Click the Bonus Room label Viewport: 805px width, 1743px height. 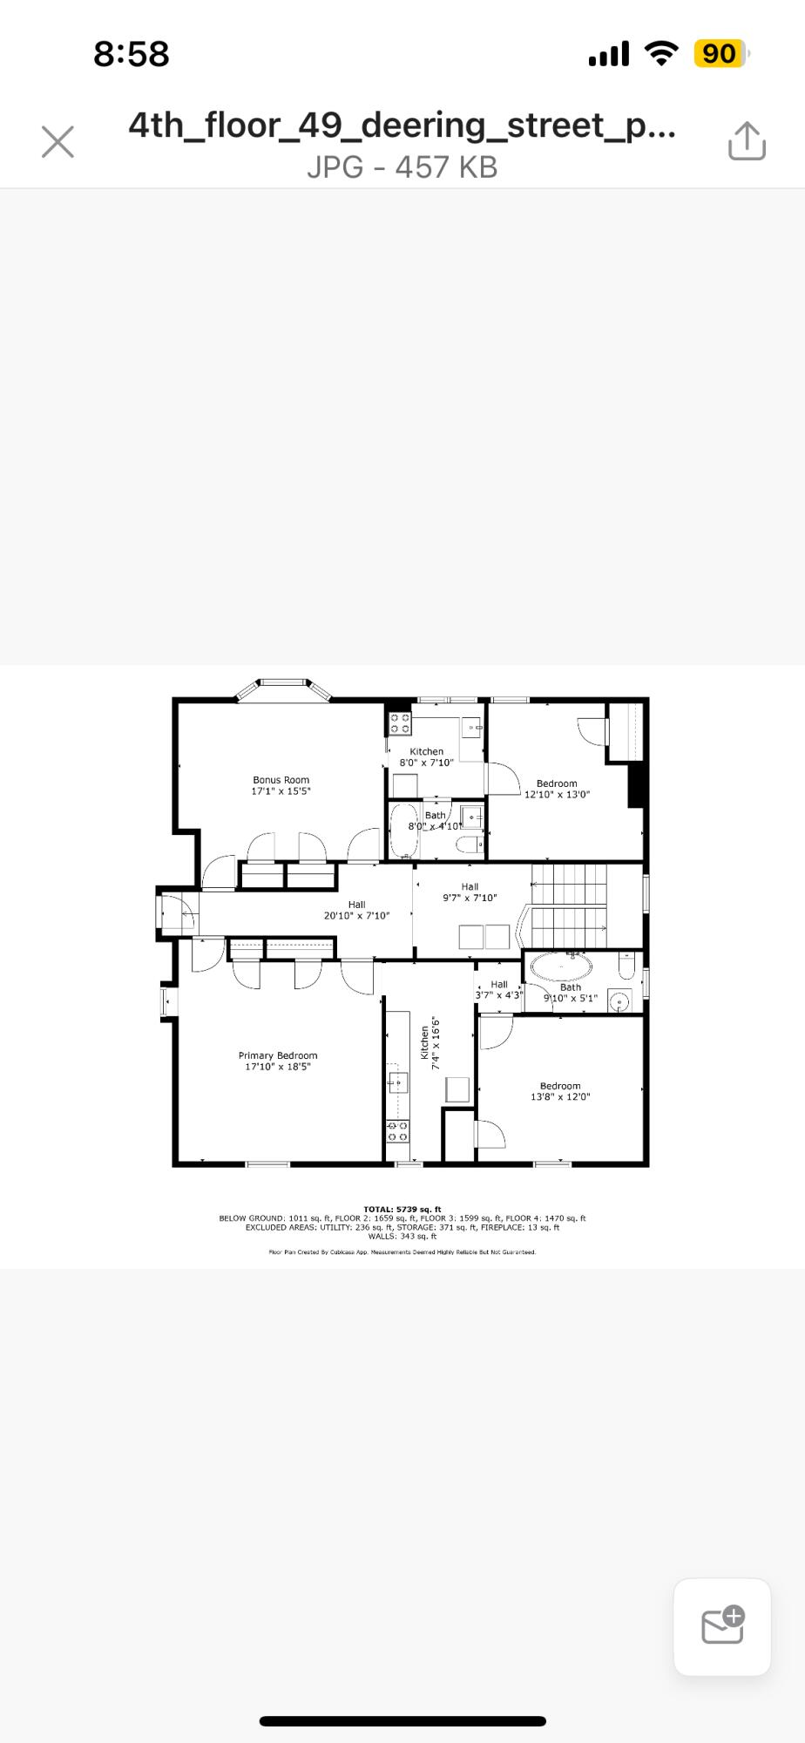[281, 780]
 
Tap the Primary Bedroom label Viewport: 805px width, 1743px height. [278, 1055]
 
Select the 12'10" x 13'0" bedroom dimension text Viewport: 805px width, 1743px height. [557, 795]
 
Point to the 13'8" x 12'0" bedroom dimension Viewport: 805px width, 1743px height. [560, 1097]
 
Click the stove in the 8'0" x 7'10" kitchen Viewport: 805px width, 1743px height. [400, 722]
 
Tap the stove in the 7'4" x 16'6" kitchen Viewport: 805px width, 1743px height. [397, 1131]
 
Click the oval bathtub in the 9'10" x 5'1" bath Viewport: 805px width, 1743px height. [561, 966]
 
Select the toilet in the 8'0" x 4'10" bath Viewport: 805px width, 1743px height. [470, 844]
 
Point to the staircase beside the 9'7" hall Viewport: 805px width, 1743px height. [569, 906]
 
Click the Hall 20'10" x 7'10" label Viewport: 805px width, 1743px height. [356, 910]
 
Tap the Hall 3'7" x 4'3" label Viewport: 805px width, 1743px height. [499, 989]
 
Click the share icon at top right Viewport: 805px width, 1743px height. [747, 141]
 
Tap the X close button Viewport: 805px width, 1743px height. [57, 141]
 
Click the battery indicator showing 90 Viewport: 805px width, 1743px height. [720, 54]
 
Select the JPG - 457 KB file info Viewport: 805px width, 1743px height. [402, 166]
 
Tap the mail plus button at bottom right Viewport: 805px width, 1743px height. [722, 1626]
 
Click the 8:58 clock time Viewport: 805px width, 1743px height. [131, 54]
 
